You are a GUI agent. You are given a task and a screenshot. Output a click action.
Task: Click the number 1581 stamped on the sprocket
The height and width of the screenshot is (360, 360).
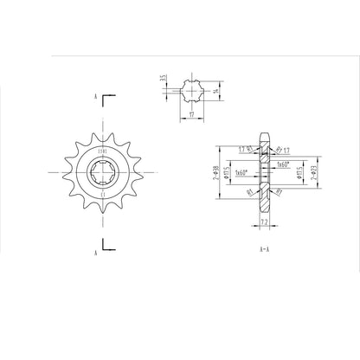click(101, 154)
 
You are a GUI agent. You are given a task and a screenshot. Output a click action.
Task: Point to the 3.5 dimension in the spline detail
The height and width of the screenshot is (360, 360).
click(163, 80)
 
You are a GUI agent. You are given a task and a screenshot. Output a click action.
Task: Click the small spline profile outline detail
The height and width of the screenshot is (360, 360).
click(192, 89)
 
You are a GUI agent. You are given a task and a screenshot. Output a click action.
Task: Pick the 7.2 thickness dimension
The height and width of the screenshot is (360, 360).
click(265, 222)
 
